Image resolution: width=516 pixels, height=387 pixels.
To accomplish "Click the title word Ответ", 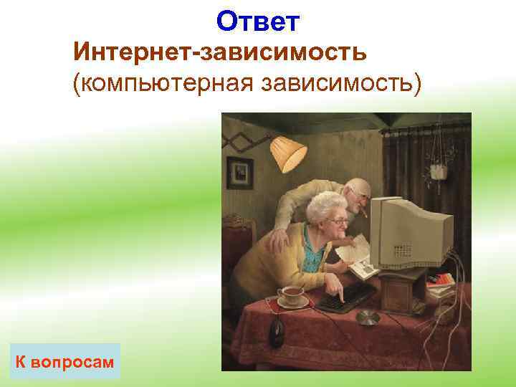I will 257,21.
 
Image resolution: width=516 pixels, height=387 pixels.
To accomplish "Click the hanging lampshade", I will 287,150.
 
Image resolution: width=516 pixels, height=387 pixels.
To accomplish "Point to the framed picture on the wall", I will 239,172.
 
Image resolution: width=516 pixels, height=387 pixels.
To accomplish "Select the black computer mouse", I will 276,331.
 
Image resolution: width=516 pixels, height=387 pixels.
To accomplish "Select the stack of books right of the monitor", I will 441,283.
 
